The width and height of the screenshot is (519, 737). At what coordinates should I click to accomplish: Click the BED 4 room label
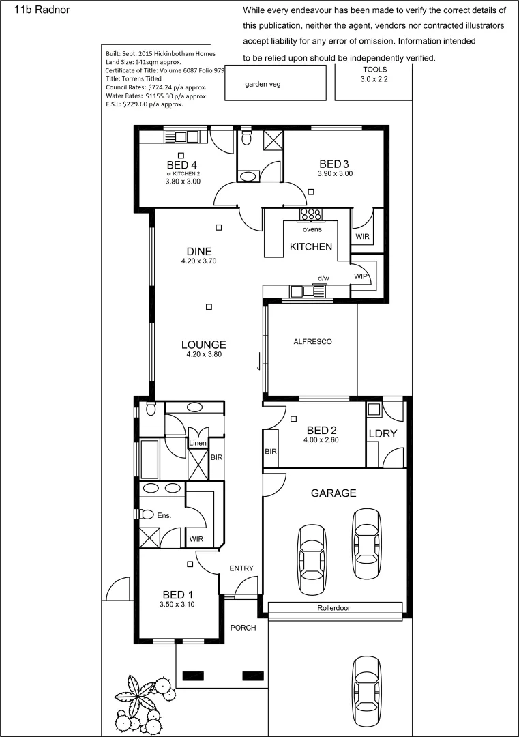[x=182, y=165]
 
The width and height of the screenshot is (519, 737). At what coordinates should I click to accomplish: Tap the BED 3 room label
[x=334, y=164]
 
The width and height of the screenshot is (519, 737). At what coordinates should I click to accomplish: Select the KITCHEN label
[x=311, y=246]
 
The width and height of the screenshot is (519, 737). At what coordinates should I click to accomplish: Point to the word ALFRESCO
[x=312, y=341]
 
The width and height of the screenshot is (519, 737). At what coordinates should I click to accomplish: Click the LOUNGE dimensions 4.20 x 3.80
[x=204, y=354]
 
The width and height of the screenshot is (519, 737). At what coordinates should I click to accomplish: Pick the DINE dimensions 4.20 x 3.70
[x=198, y=261]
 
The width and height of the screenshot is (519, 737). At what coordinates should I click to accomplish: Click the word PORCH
[x=243, y=628]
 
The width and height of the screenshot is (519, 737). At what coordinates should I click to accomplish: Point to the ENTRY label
[x=241, y=568]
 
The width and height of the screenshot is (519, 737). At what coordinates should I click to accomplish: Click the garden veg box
[x=263, y=85]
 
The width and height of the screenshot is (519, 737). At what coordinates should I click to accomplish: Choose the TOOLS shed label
[x=374, y=70]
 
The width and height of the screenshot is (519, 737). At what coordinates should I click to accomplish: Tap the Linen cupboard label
[x=198, y=444]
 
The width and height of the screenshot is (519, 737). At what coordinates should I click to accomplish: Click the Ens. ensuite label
[x=164, y=515]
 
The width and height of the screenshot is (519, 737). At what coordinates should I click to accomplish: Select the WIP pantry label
[x=361, y=276]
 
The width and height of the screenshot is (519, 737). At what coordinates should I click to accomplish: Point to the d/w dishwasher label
[x=323, y=278]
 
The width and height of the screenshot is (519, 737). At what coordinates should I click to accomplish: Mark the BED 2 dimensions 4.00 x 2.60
[x=321, y=440]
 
